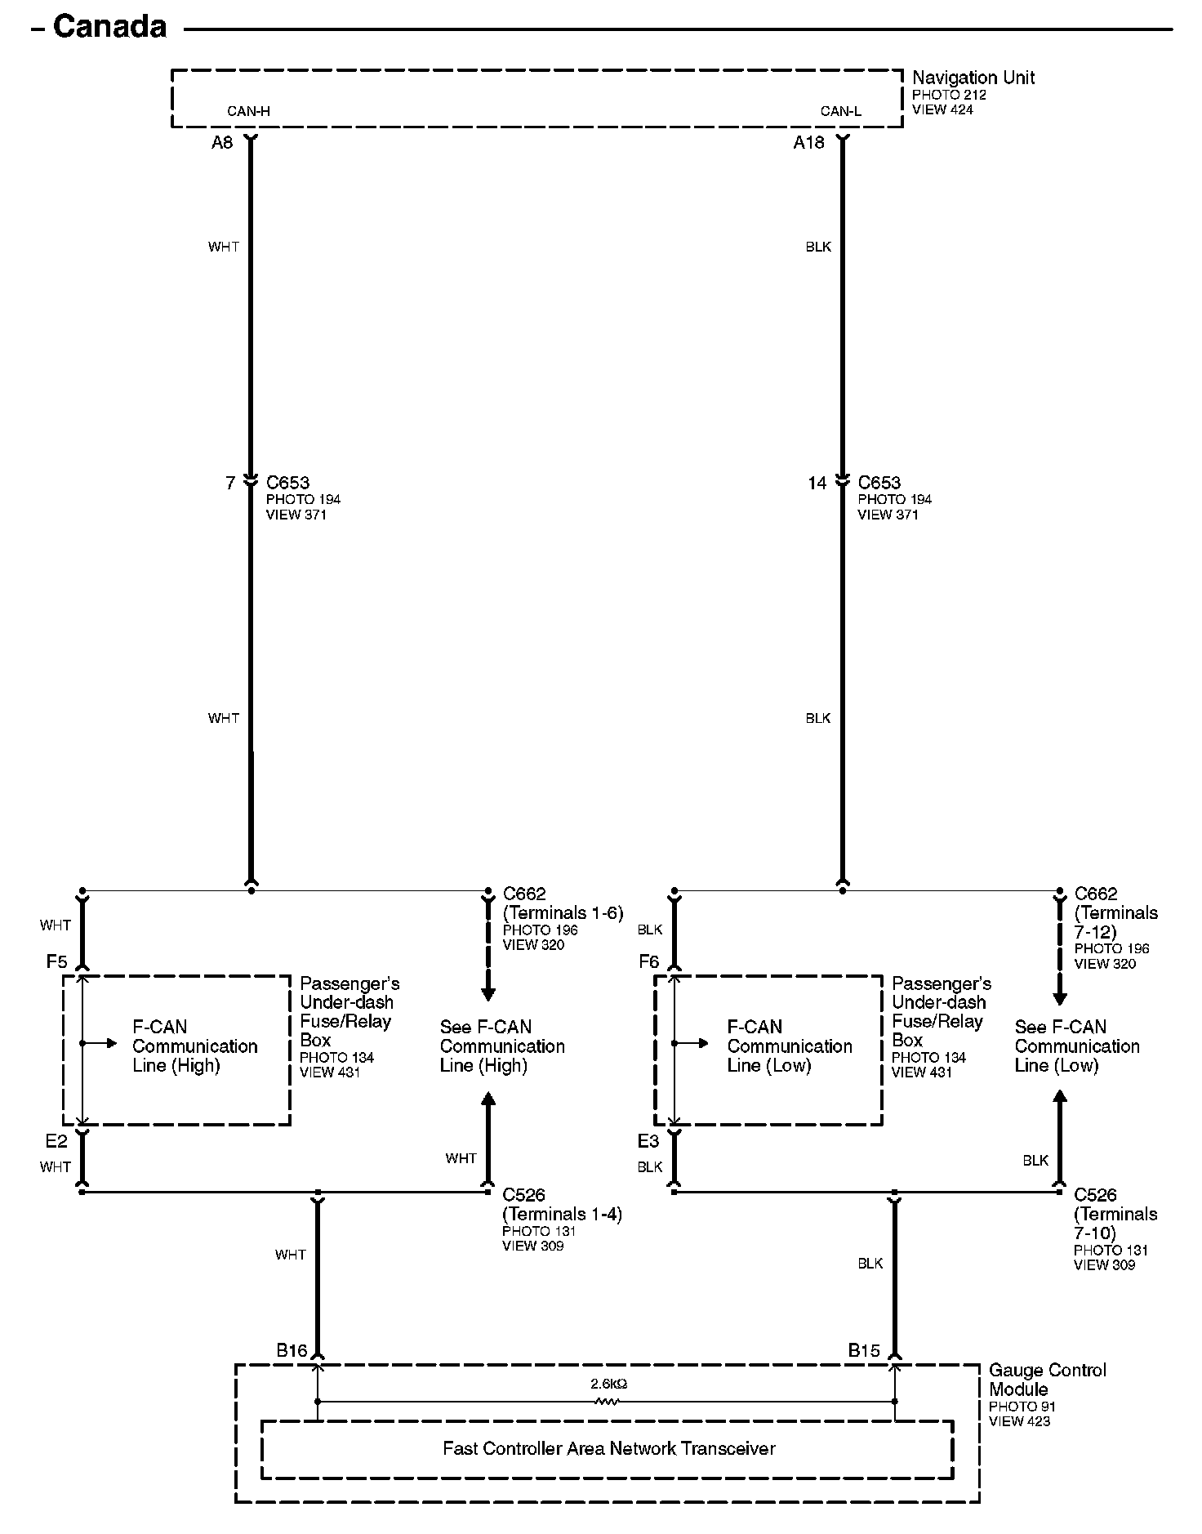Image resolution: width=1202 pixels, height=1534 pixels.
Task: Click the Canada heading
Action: pos(109,27)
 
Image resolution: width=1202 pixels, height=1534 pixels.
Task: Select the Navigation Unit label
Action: pos(973,78)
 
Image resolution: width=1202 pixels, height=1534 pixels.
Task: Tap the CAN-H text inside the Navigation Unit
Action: pos(248,111)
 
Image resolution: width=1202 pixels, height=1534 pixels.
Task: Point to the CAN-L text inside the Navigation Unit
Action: pos(840,111)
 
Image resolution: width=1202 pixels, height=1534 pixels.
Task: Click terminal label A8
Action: pos(222,143)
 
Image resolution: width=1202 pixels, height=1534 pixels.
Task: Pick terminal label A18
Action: pos(808,143)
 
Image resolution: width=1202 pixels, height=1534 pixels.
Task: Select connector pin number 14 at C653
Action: pos(817,483)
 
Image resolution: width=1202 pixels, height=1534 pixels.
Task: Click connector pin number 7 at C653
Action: pos(230,483)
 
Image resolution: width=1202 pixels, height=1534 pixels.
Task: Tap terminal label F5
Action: pos(56,961)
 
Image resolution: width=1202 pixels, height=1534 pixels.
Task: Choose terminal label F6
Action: pos(648,961)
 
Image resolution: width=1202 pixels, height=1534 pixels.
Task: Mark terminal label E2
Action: pos(56,1141)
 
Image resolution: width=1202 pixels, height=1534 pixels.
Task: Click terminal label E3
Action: pos(648,1141)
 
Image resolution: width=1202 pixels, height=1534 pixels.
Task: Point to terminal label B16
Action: pos(292,1350)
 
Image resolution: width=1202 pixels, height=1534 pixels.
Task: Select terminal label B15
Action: pos(864,1350)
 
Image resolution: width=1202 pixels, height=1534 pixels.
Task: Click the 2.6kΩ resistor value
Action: pos(608,1384)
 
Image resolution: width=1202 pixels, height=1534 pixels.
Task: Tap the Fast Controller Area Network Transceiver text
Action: pos(608,1448)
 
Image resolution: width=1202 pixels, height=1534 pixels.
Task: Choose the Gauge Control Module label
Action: pos(1047,1380)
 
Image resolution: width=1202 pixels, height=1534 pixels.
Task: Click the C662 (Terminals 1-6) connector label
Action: pos(562,903)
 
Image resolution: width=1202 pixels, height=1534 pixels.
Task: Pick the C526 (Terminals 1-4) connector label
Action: pos(561,1204)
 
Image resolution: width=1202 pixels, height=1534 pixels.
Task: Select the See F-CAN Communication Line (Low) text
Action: pos(1076,1046)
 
